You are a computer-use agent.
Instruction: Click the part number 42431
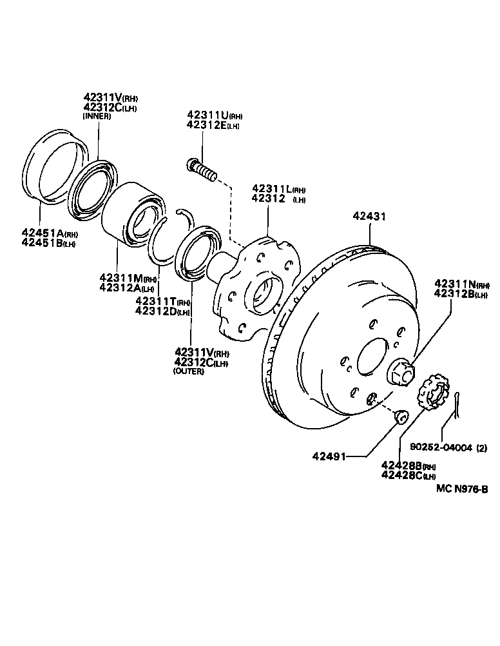[x=369, y=217]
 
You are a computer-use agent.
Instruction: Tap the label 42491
[x=329, y=456]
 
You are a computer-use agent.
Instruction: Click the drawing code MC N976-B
[x=461, y=489]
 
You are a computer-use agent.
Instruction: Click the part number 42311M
[x=120, y=279]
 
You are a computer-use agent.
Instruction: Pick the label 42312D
[x=155, y=312]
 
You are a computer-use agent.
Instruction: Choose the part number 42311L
[x=272, y=189]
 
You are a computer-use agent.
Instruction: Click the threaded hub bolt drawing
[x=201, y=170]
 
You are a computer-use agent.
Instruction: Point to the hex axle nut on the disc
[x=399, y=372]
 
